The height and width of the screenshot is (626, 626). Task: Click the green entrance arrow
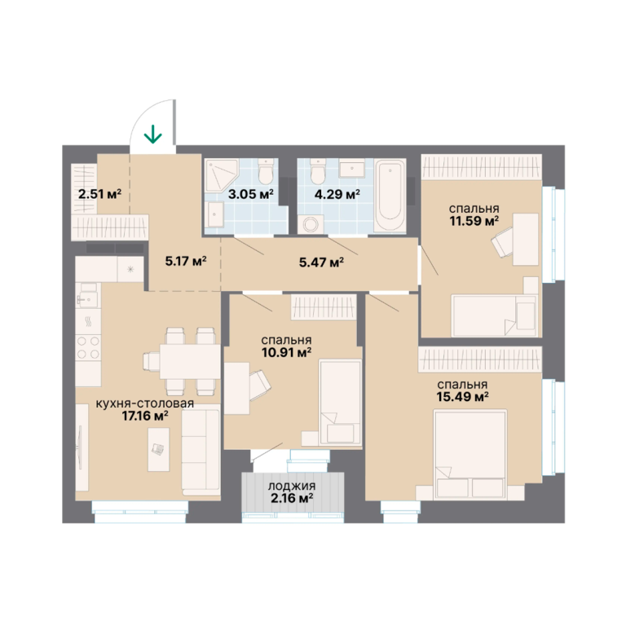coord(153,134)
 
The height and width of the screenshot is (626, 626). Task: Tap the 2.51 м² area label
coord(99,194)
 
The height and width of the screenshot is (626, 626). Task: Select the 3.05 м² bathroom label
coord(251,194)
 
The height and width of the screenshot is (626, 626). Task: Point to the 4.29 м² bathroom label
coord(337,194)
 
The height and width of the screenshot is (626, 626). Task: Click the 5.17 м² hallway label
coord(186,261)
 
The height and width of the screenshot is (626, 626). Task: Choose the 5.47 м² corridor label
coord(321,262)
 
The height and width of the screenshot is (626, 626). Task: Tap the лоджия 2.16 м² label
coord(292,492)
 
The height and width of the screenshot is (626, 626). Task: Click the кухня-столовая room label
coord(145,403)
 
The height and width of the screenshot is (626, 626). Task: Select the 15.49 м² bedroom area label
coord(463,396)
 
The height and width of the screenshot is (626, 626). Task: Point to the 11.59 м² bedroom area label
coord(474,220)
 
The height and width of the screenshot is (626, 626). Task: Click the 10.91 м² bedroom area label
coord(286,352)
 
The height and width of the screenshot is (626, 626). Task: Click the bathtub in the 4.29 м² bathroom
coord(390,196)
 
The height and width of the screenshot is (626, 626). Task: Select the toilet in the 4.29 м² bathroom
coord(318,170)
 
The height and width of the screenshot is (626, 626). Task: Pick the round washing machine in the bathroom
coord(311,224)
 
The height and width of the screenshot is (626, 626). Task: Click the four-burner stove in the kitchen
coord(88,347)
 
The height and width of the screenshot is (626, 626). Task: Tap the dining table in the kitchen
coord(190,361)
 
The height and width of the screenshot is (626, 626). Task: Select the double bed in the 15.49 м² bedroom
coord(470,454)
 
